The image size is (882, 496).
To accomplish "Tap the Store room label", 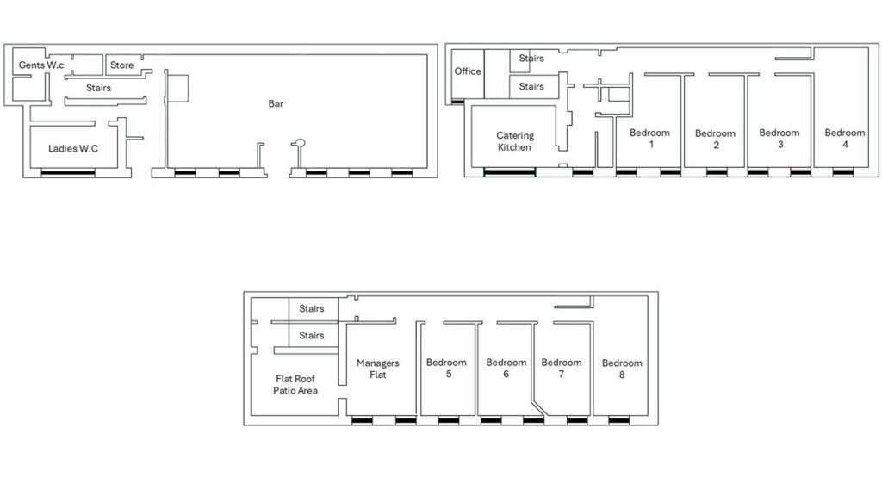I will coord(121,65).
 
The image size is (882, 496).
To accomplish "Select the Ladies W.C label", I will coord(73,149).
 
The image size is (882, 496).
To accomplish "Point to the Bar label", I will coord(276,104).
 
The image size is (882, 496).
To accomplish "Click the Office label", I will coord(468,71).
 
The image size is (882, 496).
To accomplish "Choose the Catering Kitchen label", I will coord(515,141).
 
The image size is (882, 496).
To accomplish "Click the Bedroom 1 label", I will coord(649,139).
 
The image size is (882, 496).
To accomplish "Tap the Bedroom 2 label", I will coord(715,139).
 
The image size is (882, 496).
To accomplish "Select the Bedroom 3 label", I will coord(780,139).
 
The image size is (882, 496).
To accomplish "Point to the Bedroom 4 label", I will coord(845,139).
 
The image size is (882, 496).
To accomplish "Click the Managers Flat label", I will coord(378,369).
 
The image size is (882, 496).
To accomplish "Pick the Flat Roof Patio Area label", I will coord(296,385).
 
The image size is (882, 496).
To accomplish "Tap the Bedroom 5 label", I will coord(446,369).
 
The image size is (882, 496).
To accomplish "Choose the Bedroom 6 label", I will coord(506,369).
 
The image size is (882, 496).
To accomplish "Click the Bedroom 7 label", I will coord(562,369).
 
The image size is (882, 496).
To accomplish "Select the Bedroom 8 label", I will coord(622,369).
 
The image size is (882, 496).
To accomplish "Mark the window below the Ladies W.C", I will coord(68,173).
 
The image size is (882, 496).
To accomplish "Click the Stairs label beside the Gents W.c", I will coord(98,88).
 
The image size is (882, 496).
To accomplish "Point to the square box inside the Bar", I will coord(177,88).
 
